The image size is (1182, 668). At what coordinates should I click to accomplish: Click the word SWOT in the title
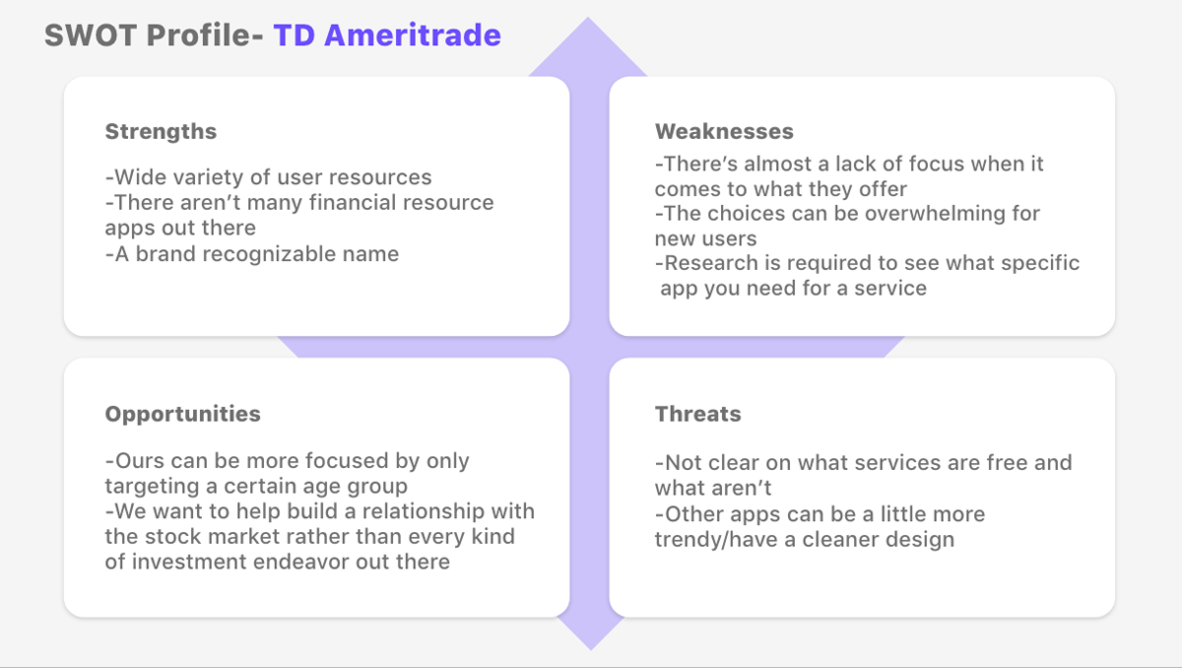[x=91, y=35]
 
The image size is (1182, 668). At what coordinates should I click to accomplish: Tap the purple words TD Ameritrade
[x=387, y=35]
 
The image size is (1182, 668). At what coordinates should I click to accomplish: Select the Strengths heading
[x=161, y=132]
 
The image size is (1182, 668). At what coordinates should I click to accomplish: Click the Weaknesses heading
[x=724, y=131]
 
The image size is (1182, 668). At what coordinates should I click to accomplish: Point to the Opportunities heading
[x=182, y=415]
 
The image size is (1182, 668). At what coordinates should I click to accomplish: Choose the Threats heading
[x=697, y=414]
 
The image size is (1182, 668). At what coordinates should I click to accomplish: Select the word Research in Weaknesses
[x=711, y=263]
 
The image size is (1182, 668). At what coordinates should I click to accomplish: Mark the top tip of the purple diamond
[x=588, y=18]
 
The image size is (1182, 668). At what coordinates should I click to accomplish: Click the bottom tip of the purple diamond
[x=591, y=650]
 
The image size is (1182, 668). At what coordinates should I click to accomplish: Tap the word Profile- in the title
[x=205, y=35]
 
